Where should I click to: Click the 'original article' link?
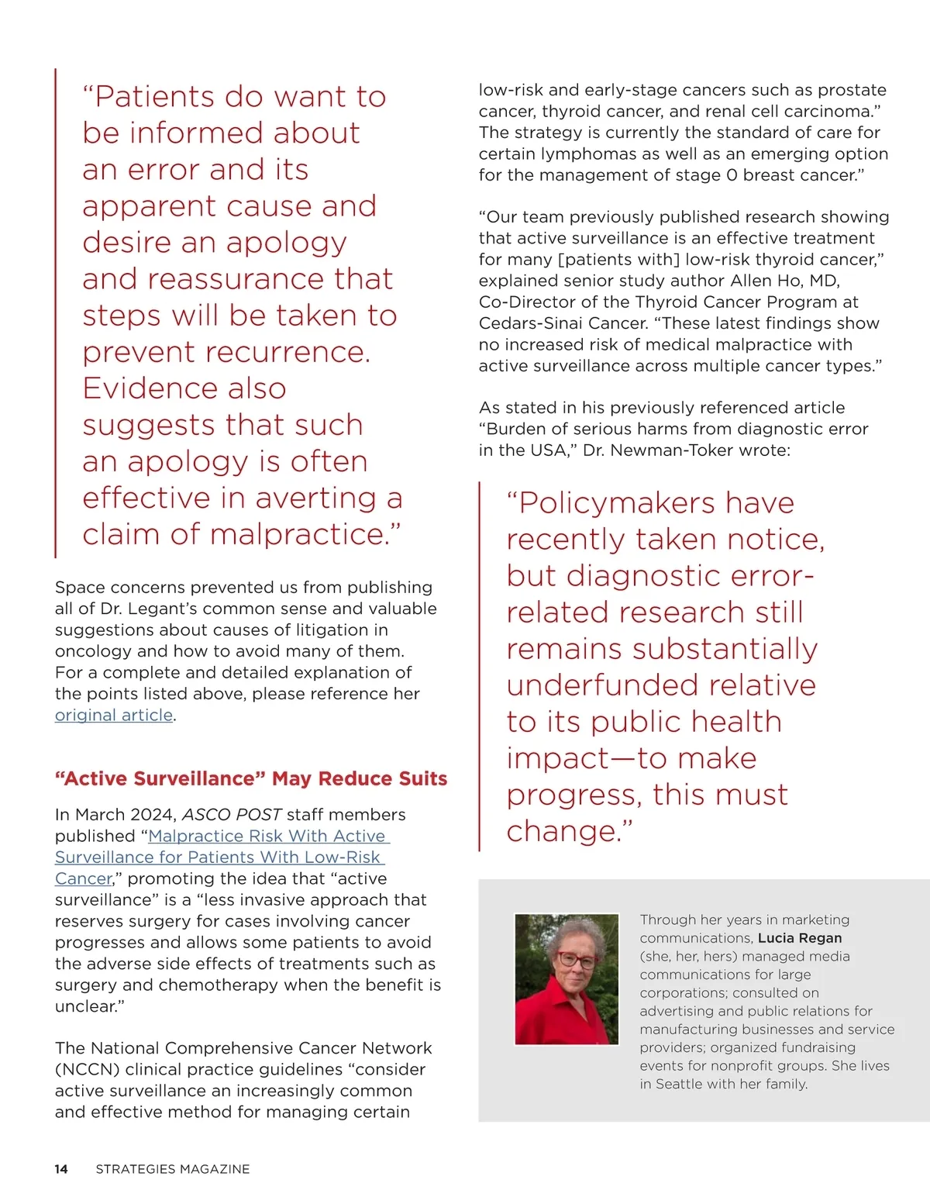point(114,715)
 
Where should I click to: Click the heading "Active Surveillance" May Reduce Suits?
point(251,778)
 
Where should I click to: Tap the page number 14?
point(61,1169)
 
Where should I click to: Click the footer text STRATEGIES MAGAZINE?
point(173,1169)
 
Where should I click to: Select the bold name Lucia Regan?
point(800,938)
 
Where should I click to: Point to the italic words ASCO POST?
point(232,815)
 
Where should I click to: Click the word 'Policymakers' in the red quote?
point(618,503)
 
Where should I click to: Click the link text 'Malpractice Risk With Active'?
point(267,836)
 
